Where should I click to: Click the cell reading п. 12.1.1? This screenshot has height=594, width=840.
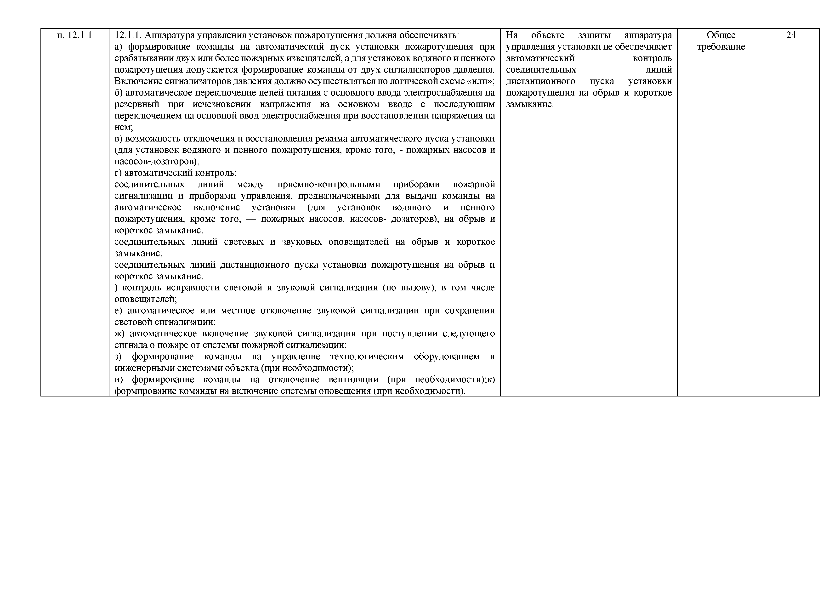click(75, 35)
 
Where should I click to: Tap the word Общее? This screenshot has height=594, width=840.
click(721, 35)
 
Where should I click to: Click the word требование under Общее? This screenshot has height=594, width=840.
click(721, 47)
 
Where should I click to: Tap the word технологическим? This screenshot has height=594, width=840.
click(367, 357)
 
